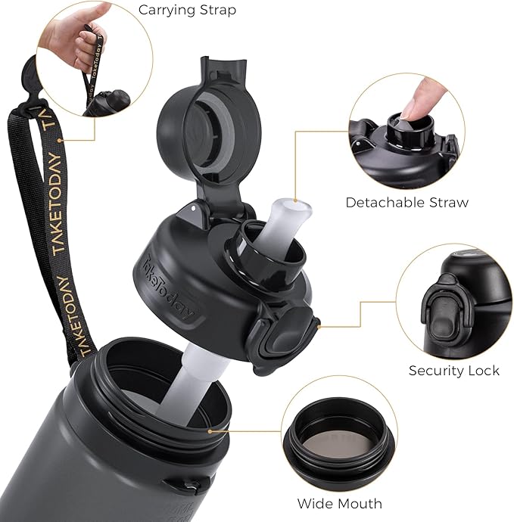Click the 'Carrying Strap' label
pos(187,11)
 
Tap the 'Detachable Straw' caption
pos(407,202)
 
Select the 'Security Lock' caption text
pos(453,370)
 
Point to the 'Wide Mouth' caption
pos(339,503)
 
